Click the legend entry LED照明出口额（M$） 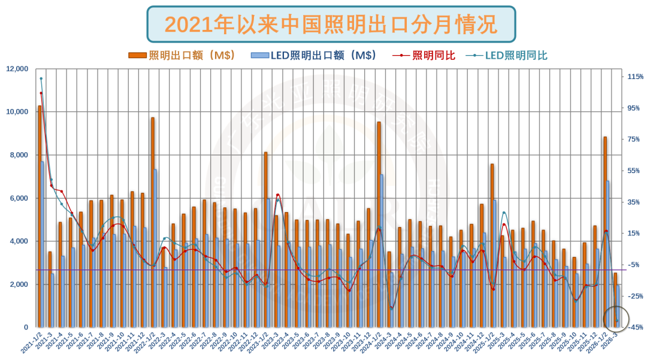(315, 56)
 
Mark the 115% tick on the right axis (635, 77)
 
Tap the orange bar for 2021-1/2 (40, 216)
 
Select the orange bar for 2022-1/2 (152, 222)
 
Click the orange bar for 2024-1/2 (379, 225)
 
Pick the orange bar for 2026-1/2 (604, 234)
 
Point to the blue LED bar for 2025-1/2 (495, 264)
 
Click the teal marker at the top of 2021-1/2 (41, 78)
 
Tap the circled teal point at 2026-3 (617, 321)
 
